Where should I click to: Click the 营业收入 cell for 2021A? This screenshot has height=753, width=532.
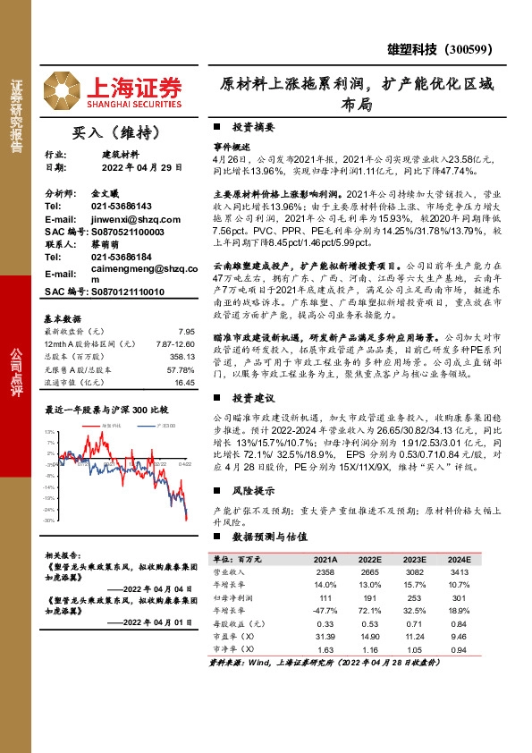[325, 571]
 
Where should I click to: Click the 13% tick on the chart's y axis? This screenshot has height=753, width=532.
[50, 432]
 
